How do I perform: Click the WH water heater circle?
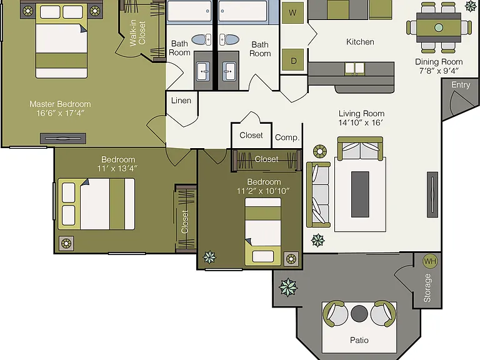click(430, 261)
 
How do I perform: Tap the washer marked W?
click(292, 13)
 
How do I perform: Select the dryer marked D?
click(293, 61)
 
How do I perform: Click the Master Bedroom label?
click(60, 104)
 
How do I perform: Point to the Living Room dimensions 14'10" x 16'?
click(361, 122)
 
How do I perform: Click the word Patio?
click(359, 340)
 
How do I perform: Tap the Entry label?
click(461, 85)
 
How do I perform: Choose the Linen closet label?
click(181, 101)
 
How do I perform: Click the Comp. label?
click(287, 137)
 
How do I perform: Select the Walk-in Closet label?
click(137, 33)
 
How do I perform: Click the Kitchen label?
click(360, 42)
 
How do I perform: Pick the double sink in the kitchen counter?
click(354, 69)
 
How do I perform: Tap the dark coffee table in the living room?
click(360, 194)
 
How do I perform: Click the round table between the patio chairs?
click(359, 314)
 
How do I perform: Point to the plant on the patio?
click(288, 287)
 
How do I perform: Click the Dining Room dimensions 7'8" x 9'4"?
click(439, 71)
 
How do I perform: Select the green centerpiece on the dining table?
click(439, 27)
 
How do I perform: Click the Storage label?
click(427, 288)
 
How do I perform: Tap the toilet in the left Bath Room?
click(201, 39)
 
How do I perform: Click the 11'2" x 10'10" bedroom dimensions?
click(263, 191)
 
